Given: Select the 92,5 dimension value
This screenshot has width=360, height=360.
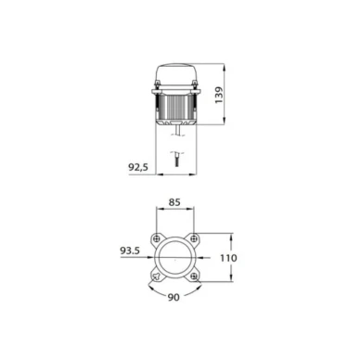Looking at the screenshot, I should [x=138, y=167].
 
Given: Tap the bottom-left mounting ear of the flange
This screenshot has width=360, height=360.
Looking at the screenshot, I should [x=155, y=276].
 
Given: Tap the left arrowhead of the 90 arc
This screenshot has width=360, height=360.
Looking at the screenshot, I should [x=148, y=284].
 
